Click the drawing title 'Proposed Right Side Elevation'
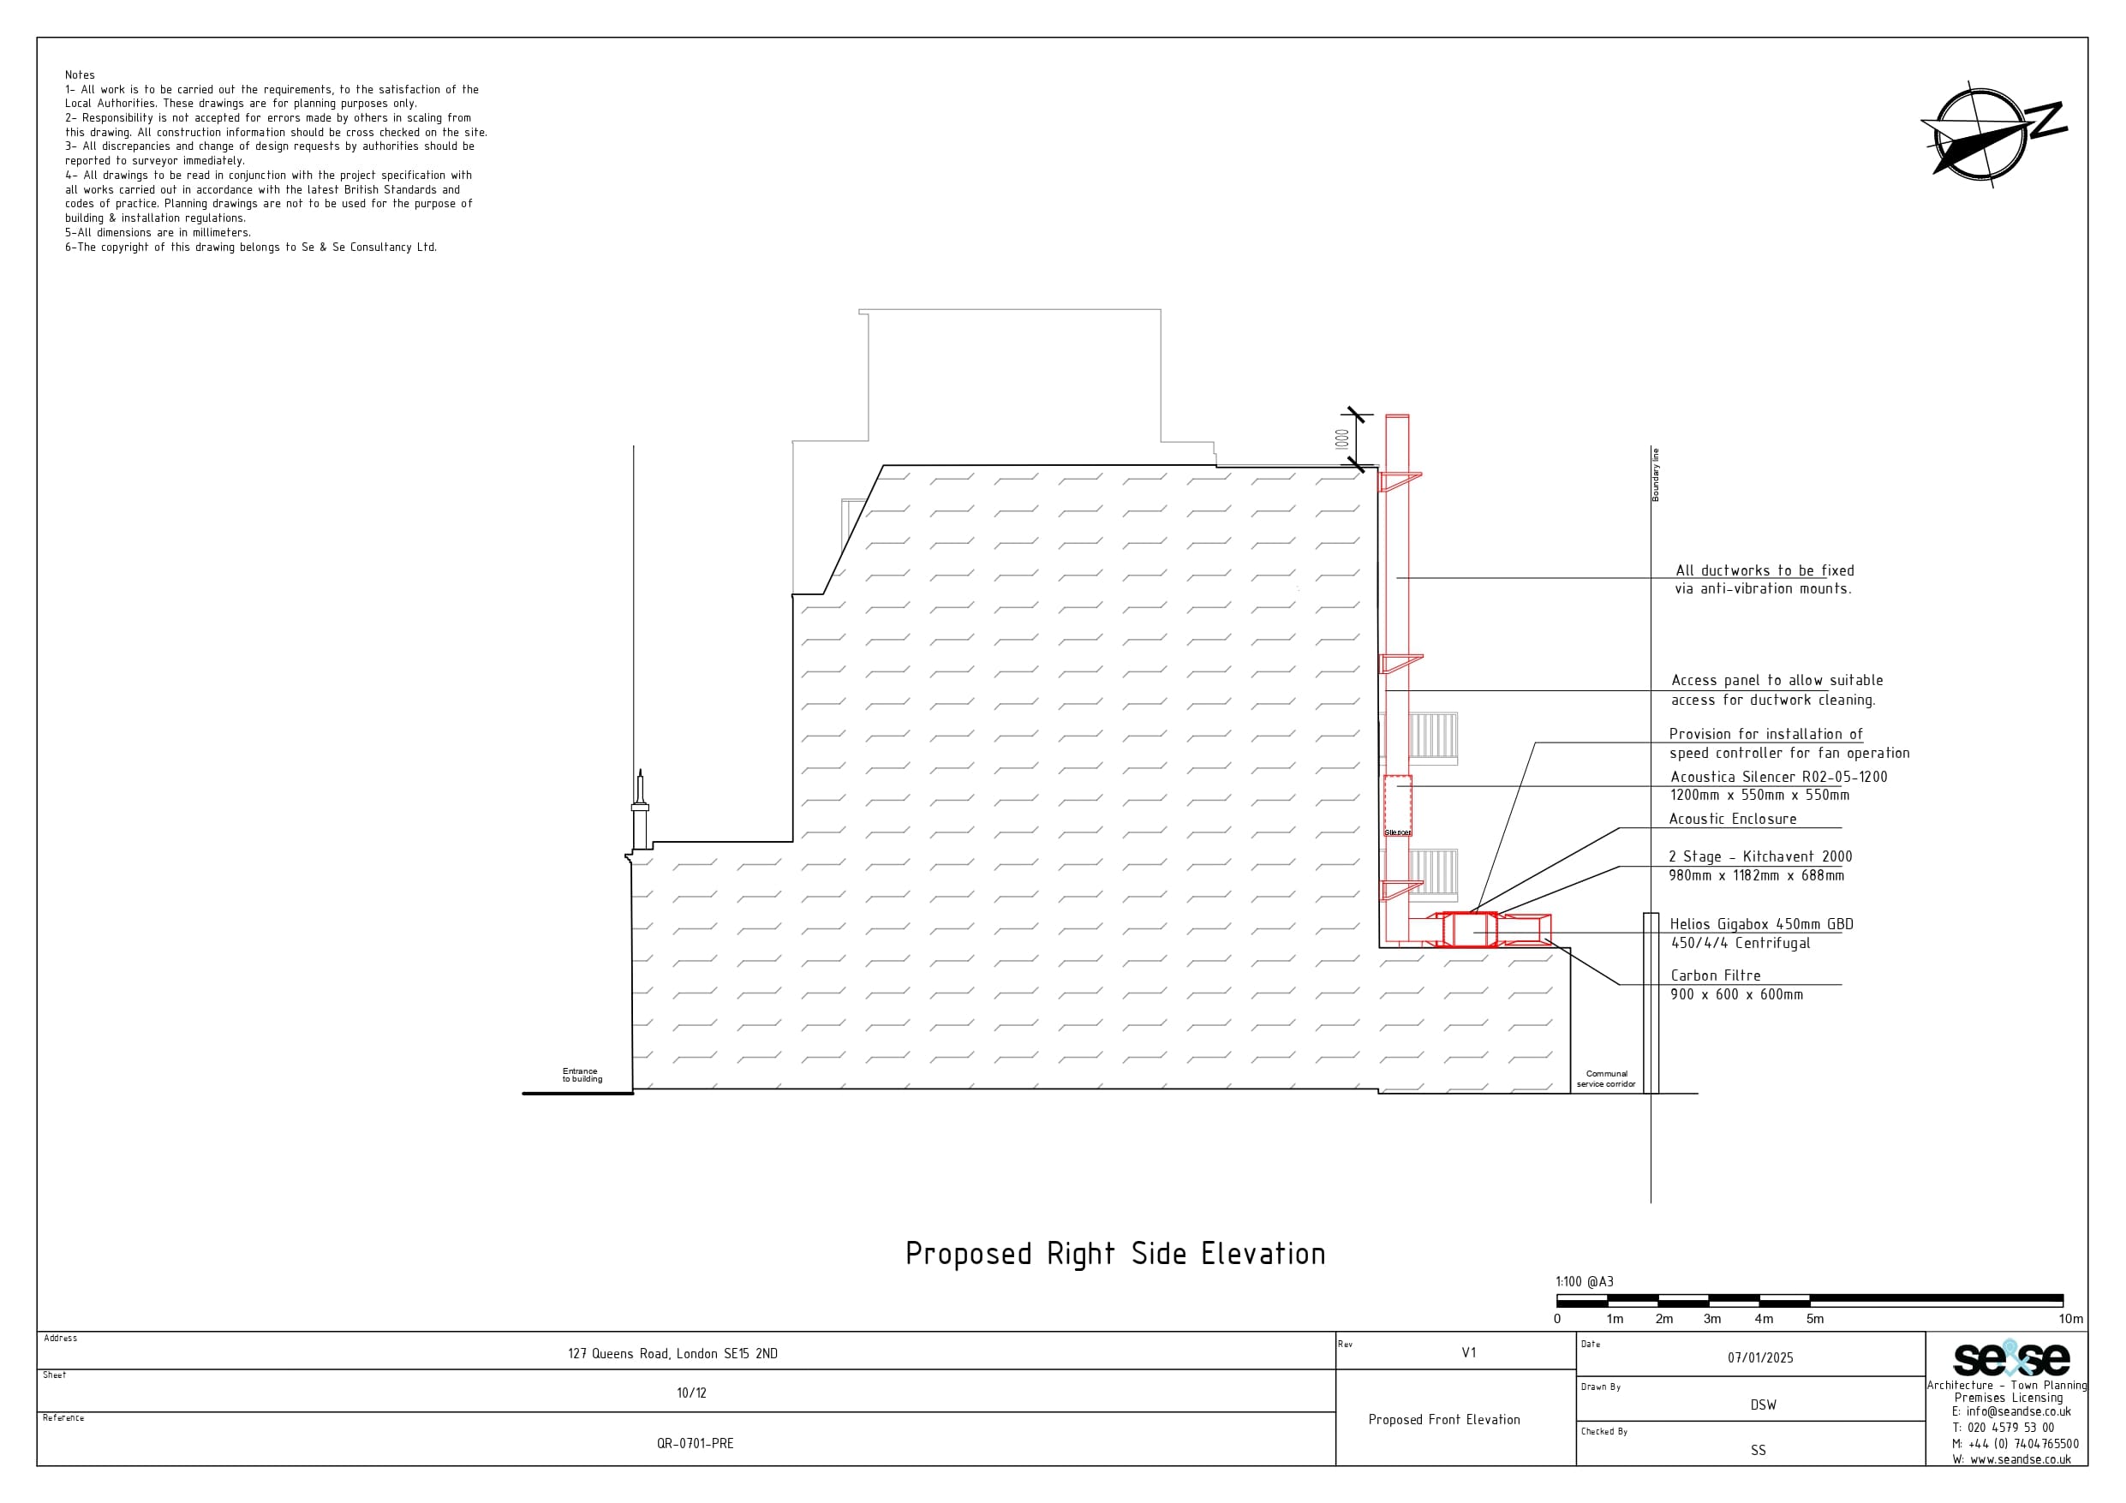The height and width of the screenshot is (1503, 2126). coord(1115,1254)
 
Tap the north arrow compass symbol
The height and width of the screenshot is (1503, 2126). coord(1991,135)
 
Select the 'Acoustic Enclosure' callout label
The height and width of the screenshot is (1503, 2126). coord(1733,819)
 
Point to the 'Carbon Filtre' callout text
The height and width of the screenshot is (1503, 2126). coord(1716,975)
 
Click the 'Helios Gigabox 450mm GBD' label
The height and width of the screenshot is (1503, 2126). coord(1761,924)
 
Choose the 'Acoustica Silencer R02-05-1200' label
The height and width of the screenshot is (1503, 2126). coord(1779,777)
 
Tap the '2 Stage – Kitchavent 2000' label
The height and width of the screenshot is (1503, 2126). coord(1760,856)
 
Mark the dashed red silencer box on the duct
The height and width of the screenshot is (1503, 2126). coord(1397,806)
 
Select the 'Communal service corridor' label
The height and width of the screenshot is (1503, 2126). coord(1607,1079)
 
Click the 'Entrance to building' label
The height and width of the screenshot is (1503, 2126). coord(582,1075)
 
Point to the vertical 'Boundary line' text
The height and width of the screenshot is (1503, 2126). coord(1656,475)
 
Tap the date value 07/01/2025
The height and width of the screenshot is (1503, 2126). coord(1760,1357)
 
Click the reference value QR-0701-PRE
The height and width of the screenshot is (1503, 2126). coord(696,1444)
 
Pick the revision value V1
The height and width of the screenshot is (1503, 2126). coord(1468,1353)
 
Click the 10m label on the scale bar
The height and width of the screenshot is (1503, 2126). coord(2071,1319)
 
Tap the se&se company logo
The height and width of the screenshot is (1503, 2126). coord(2011,1358)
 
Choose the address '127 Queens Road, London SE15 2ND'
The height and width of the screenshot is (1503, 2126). coord(673,1354)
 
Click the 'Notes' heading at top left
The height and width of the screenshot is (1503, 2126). coord(80,75)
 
